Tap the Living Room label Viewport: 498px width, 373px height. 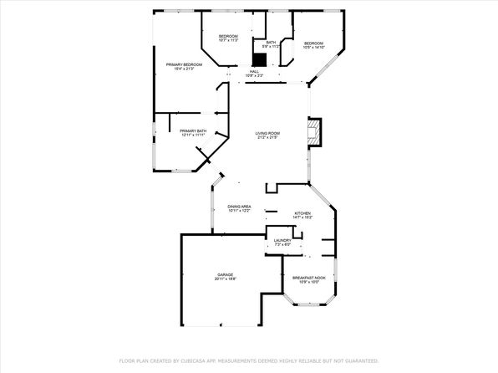click(267, 133)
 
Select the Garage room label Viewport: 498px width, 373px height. click(226, 273)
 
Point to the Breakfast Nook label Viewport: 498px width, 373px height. click(308, 277)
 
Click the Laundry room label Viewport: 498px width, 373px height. click(282, 241)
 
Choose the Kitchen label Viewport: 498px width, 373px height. click(302, 213)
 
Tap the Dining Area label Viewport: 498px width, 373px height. click(240, 207)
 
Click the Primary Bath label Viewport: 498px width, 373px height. click(192, 130)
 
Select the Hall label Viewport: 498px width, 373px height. click(254, 72)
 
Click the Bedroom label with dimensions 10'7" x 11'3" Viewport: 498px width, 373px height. click(228, 36)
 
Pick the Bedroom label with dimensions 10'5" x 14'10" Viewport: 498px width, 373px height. click(313, 43)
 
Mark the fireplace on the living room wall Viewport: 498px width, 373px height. click(314, 131)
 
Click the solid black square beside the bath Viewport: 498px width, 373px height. click(271, 59)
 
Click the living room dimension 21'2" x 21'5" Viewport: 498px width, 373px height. click(267, 138)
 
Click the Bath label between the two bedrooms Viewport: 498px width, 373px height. click(271, 43)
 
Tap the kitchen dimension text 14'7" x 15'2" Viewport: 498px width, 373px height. click(302, 218)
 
